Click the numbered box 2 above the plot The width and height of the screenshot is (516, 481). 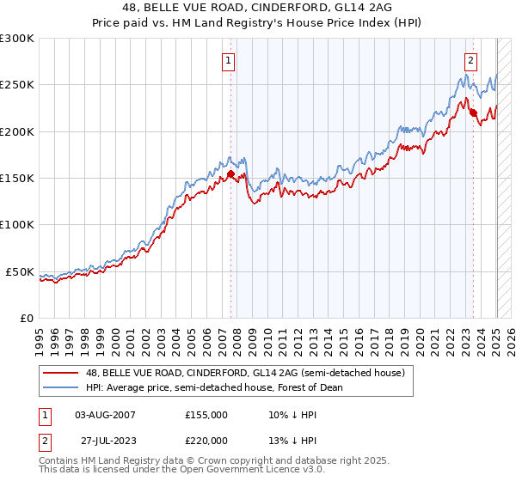pyautogui.click(x=472, y=60)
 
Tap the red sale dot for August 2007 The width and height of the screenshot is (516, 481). pyautogui.click(x=230, y=174)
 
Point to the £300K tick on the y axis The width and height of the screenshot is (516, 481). pyautogui.click(x=17, y=39)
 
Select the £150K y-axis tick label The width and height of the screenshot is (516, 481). pyautogui.click(x=17, y=179)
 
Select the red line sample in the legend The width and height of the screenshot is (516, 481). pyautogui.click(x=62, y=373)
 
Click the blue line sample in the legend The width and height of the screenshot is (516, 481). pyautogui.click(x=62, y=387)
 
